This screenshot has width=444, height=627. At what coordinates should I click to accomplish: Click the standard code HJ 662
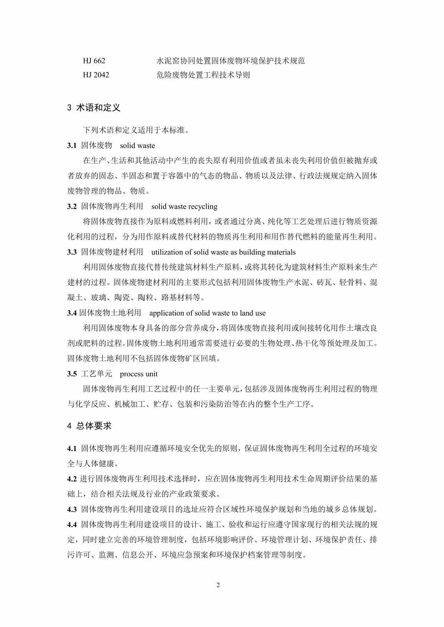point(94,61)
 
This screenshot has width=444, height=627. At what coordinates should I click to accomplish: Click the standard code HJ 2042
point(96,75)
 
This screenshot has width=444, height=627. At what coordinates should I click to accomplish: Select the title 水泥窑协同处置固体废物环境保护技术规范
point(231,61)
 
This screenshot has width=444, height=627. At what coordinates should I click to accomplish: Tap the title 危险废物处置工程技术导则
point(203,75)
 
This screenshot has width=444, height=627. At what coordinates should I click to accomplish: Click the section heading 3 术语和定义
point(94,108)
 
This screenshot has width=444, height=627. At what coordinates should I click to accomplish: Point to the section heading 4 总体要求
point(89,426)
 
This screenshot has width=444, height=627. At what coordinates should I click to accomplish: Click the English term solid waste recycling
point(184,206)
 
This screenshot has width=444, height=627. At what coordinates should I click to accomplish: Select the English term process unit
point(139,374)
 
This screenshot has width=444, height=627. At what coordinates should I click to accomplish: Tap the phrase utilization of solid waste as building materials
point(223,252)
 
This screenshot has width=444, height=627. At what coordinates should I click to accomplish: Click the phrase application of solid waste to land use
point(207,313)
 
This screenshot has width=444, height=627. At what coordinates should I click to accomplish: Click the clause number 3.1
point(72,146)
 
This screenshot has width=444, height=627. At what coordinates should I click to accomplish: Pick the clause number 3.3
point(72,252)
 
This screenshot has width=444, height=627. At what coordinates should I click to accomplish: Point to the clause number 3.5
point(72,374)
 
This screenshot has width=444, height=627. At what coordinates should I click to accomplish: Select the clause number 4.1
point(72,449)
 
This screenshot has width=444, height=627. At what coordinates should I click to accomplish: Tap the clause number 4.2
point(72,479)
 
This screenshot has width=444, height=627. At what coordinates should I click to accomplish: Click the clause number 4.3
point(72,509)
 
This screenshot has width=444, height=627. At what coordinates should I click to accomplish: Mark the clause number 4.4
point(72,525)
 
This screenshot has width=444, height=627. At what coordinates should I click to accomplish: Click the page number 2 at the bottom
point(218,585)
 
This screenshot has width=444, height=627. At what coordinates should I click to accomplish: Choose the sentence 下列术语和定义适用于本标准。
point(136,130)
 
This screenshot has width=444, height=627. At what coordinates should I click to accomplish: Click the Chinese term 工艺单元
point(97,374)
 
